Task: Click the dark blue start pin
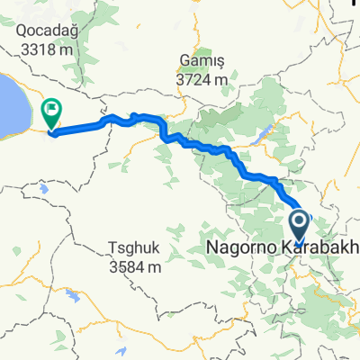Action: (300, 222)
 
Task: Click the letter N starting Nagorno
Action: (211, 247)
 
